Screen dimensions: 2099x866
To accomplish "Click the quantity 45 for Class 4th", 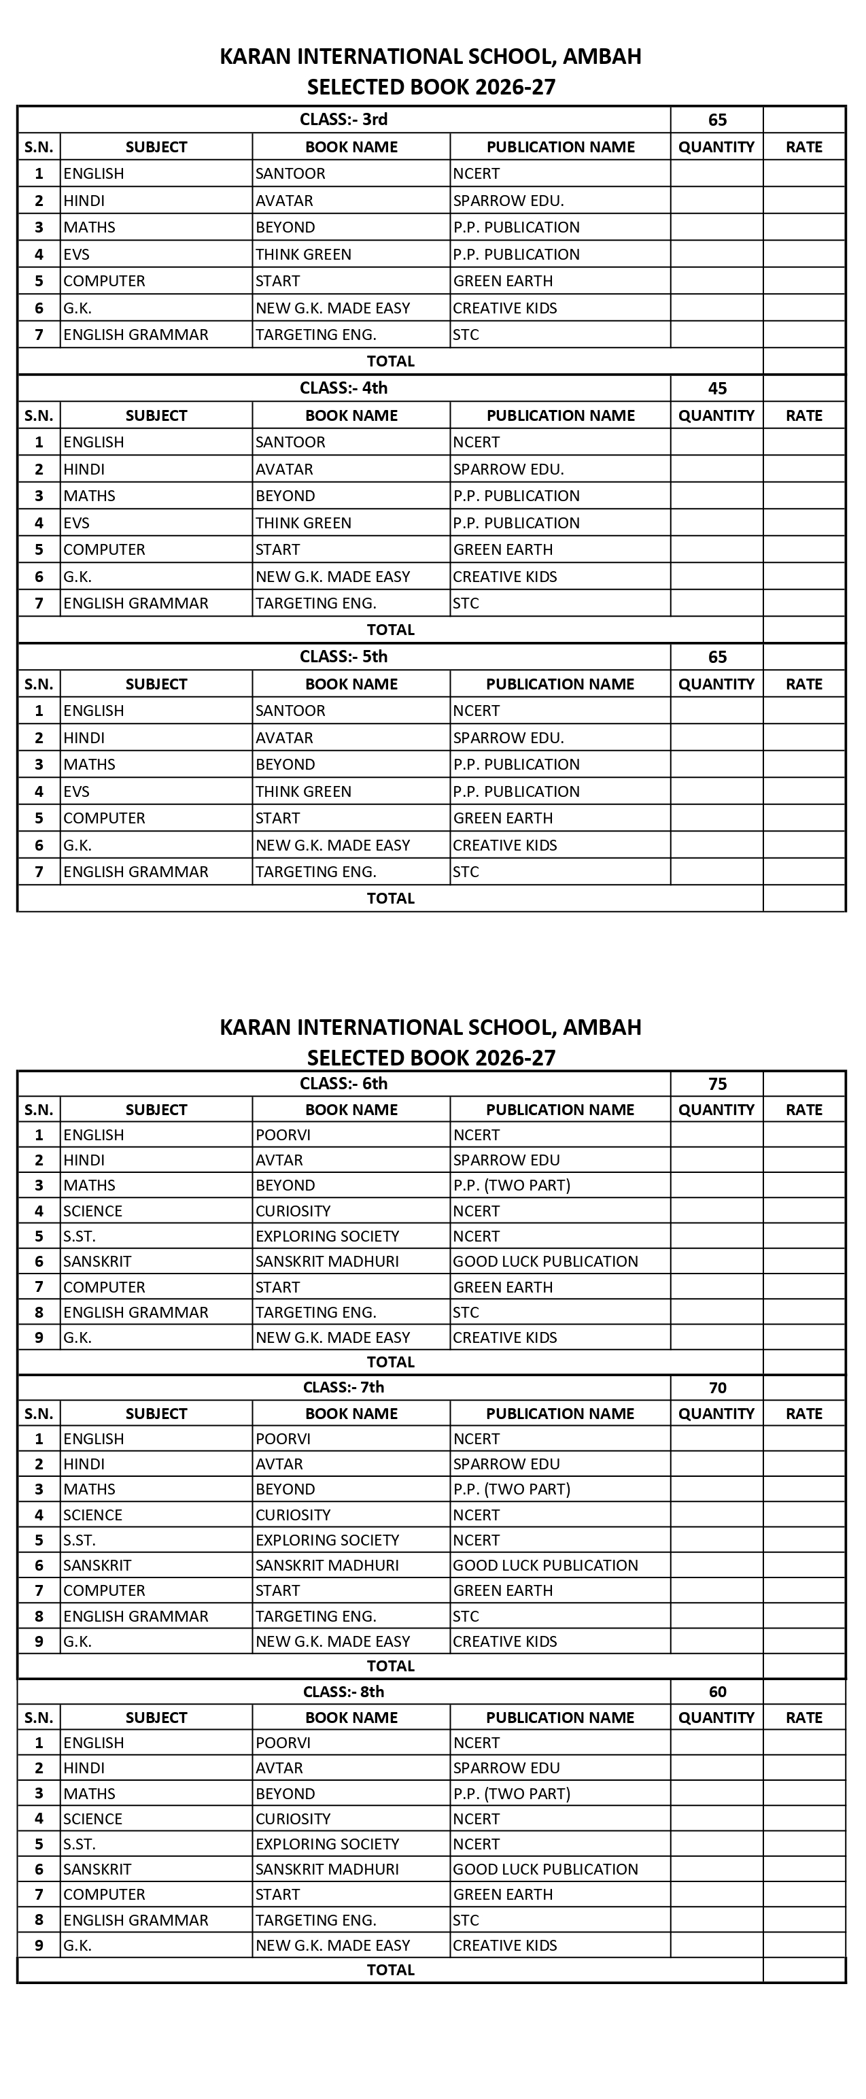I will coord(717,389).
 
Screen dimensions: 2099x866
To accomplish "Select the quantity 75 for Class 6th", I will coord(717,1084).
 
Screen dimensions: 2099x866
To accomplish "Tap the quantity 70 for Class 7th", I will coord(717,1388).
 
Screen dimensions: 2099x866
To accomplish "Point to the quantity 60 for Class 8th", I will coord(717,1692).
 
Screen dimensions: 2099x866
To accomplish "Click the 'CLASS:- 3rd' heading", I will coord(343,120).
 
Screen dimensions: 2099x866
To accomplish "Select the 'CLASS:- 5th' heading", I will coord(343,657).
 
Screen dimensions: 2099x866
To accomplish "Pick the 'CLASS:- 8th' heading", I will coord(343,1692).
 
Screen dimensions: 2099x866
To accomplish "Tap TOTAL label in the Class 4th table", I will coord(390,630).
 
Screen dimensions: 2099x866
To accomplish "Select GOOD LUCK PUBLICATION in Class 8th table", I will coord(545,1869).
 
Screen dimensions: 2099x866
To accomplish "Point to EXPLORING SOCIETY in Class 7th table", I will coord(327,1540).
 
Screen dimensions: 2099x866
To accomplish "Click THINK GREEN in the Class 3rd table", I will coord(303,254).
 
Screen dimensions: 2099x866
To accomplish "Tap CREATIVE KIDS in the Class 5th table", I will coord(504,845).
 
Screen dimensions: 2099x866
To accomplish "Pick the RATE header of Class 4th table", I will coord(803,415).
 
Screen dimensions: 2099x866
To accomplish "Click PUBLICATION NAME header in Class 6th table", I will coord(559,1110).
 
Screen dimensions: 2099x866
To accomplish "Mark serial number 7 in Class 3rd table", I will coord(38,335).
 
